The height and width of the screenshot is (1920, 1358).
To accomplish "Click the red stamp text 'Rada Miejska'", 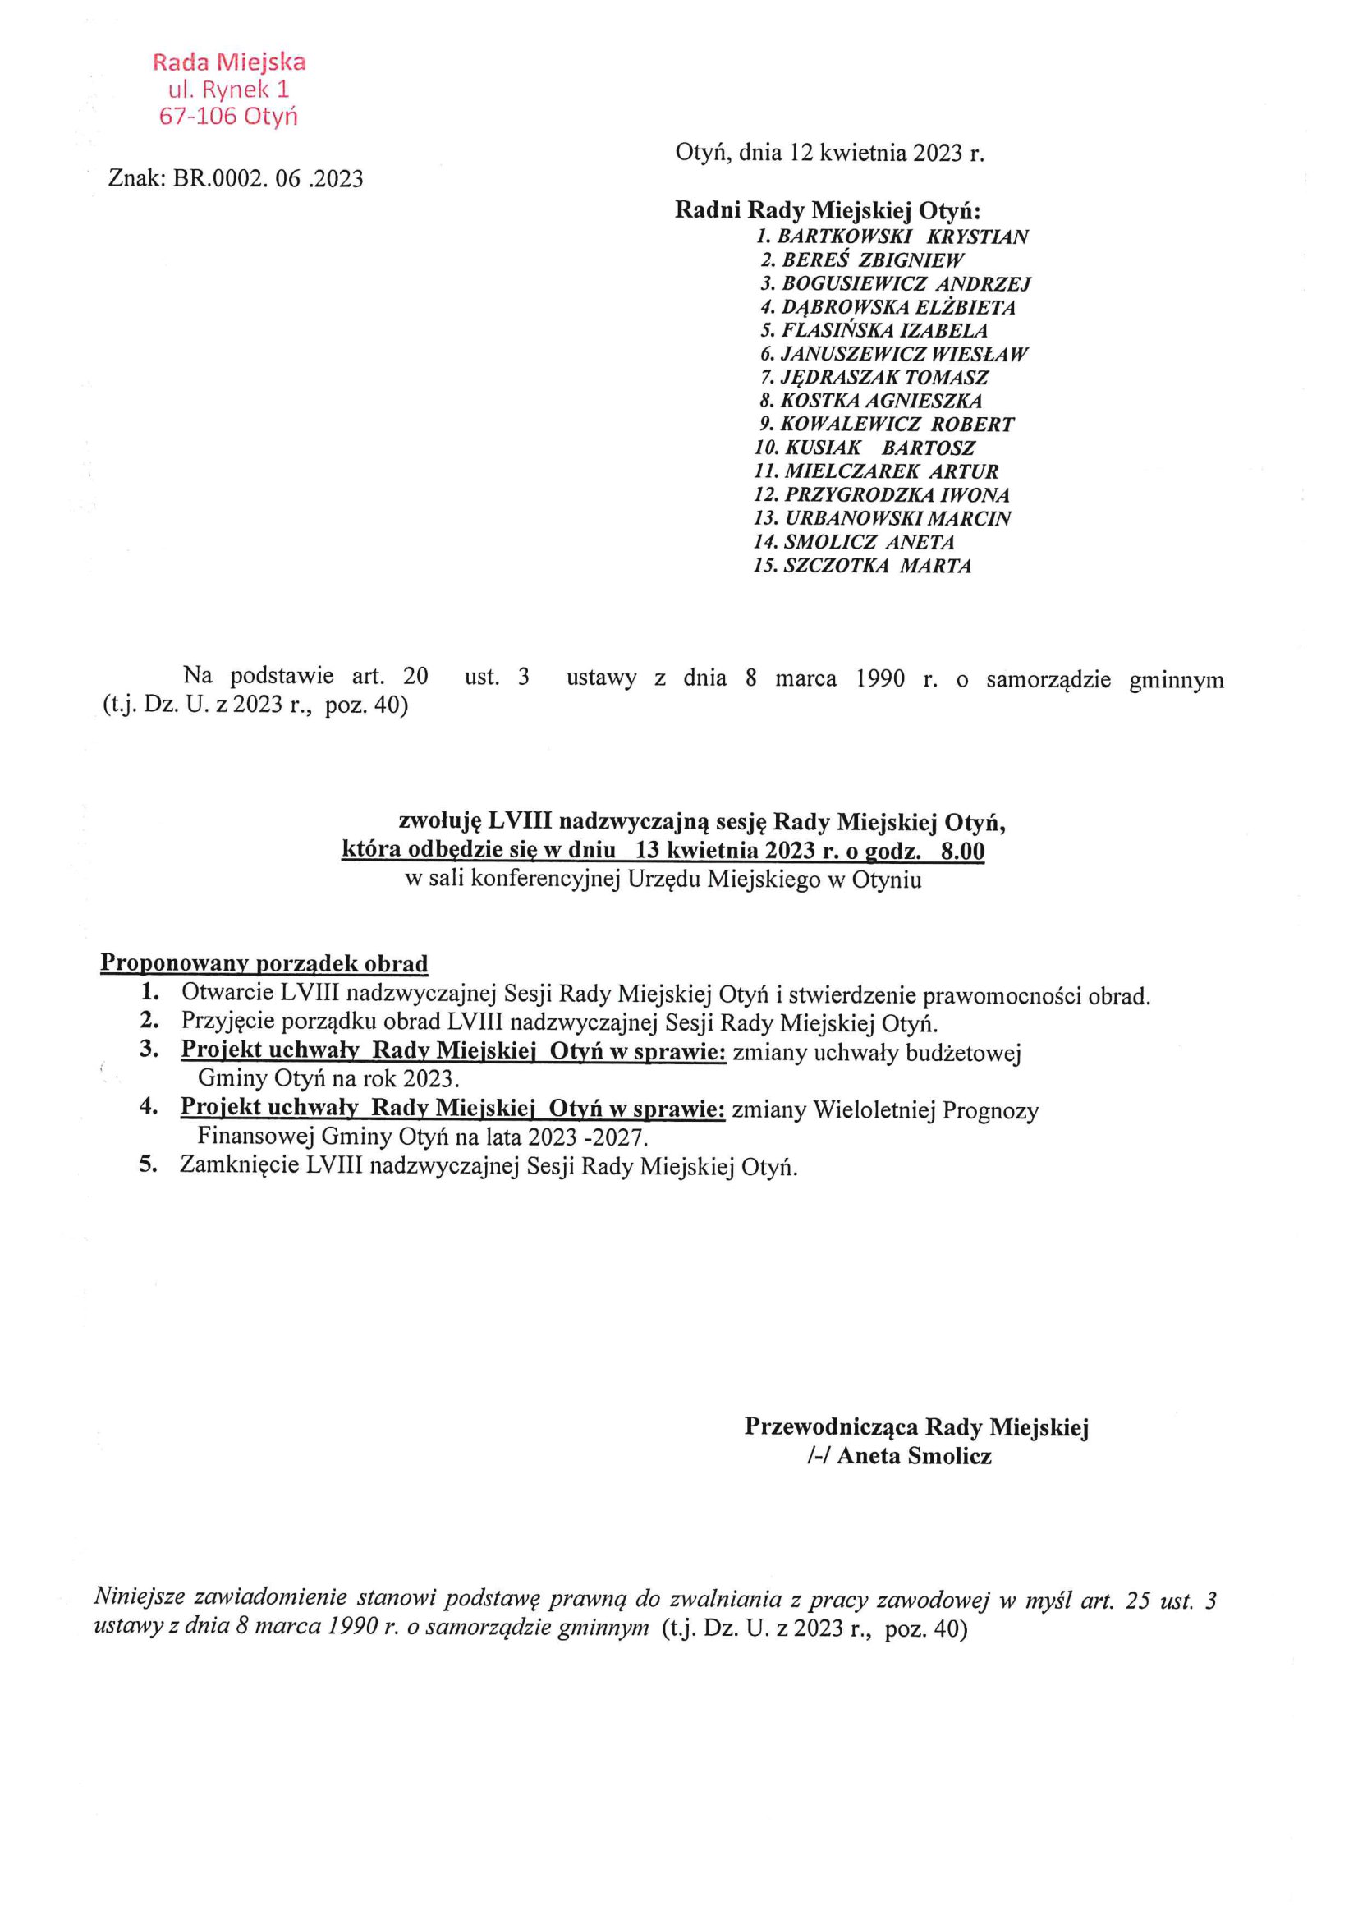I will tap(229, 62).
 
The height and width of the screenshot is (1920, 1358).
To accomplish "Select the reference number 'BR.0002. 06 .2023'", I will tap(268, 178).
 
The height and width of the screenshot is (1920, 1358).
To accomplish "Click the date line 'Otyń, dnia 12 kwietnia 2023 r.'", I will tap(829, 153).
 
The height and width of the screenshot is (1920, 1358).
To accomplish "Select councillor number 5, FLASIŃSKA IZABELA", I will tap(884, 330).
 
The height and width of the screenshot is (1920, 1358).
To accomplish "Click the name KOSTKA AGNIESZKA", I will tap(880, 401).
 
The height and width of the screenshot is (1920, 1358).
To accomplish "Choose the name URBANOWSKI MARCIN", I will tap(897, 517).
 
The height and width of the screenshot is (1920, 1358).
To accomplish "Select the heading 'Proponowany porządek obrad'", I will tap(264, 963).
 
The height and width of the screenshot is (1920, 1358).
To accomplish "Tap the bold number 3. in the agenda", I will tap(149, 1050).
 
